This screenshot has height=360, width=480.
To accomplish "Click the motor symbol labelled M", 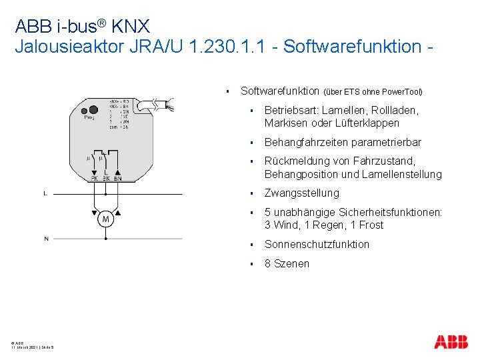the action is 105,219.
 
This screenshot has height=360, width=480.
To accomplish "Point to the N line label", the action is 46,238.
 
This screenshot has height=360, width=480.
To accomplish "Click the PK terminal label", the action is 94,179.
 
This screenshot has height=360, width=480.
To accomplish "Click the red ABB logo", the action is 451,342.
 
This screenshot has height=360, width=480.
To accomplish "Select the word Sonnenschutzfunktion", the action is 317,244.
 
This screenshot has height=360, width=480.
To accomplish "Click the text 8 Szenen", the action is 287,263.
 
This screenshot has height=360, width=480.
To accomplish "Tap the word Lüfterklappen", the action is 368,123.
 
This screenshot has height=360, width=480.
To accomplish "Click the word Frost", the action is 371,225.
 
